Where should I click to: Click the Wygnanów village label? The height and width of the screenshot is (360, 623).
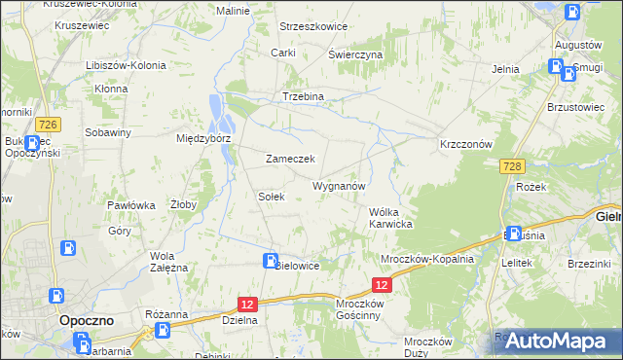click(x=339, y=185)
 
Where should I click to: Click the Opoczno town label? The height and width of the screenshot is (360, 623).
click(x=88, y=320)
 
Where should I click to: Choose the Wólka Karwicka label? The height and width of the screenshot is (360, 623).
click(x=391, y=218)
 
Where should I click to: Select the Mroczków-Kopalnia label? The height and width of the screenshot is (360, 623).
click(x=427, y=259)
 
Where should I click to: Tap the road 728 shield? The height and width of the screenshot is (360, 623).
click(x=515, y=167)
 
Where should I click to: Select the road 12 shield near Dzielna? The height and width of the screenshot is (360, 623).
click(x=247, y=305)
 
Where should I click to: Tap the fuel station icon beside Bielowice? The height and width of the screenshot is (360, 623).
click(x=270, y=260)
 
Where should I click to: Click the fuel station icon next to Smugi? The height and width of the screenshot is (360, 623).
click(x=556, y=67)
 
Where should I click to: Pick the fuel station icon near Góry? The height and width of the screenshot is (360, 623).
click(x=69, y=247)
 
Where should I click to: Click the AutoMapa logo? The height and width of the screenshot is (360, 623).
click(x=555, y=341)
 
